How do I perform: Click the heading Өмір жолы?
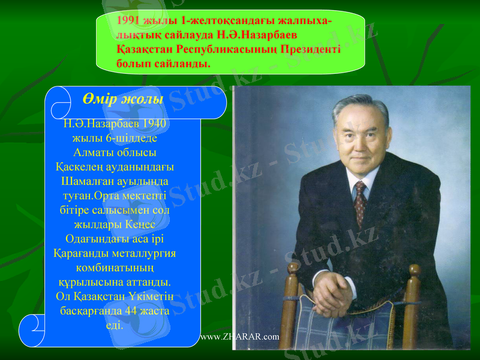pyautogui.click(x=124, y=99)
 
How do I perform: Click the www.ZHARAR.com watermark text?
pyautogui.click(x=239, y=336)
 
